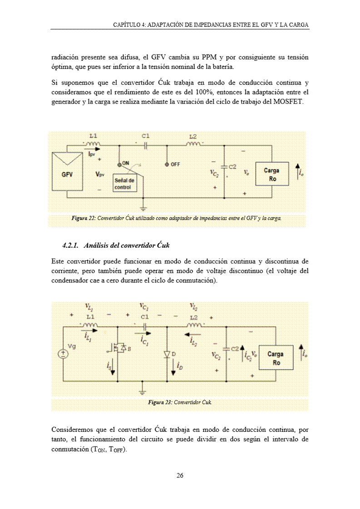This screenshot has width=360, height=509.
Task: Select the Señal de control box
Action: [124, 183]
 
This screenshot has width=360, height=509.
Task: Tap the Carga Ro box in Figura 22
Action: [271, 174]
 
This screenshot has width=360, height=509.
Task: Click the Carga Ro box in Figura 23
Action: [276, 358]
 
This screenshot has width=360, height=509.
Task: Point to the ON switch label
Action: [126, 163]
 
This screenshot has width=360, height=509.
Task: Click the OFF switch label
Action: [175, 164]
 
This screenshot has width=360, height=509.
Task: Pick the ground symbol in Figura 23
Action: [143, 390]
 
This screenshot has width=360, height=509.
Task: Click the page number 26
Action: [180, 475]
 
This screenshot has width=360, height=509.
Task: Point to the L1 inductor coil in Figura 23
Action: [90, 325]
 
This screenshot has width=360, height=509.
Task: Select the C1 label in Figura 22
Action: [145, 136]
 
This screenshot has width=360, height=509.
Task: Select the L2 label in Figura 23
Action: [194, 317]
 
